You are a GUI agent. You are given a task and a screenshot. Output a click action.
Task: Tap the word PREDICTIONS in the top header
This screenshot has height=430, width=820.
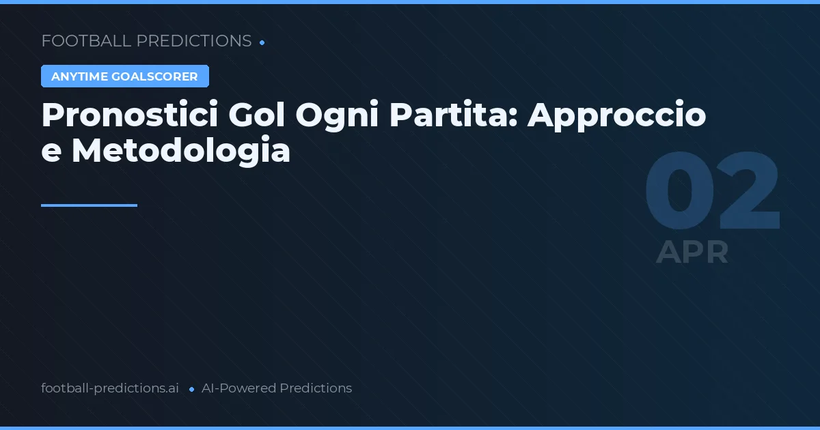pos(194,41)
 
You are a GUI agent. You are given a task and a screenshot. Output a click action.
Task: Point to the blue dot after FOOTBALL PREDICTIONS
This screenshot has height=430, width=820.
pos(262,42)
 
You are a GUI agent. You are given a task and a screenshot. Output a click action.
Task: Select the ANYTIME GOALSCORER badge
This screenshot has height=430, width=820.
pos(124,76)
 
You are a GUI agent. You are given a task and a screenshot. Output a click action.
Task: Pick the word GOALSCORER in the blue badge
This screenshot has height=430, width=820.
pos(154,76)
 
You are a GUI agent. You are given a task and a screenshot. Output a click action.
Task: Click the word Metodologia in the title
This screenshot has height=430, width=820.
pos(181,151)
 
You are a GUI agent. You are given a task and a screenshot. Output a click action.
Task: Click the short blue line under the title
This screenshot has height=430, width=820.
pos(89,205)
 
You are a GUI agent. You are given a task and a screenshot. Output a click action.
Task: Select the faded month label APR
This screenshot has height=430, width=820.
pos(692,253)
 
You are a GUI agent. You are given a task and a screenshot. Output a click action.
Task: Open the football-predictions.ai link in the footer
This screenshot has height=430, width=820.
pos(110,388)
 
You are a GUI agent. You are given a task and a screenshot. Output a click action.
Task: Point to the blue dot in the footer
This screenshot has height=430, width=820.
pos(191,389)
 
